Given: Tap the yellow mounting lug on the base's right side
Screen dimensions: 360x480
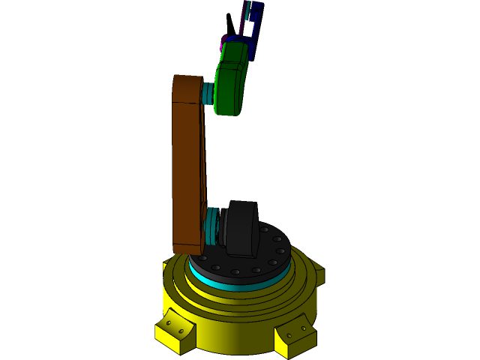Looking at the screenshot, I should (x=319, y=274).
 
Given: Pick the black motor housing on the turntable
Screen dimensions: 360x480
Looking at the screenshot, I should (x=242, y=228).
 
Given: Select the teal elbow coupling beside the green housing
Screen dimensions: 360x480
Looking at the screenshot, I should (x=208, y=93).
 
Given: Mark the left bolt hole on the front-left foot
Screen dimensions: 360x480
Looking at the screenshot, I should (x=169, y=323).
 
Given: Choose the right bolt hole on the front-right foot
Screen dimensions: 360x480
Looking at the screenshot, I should (x=304, y=328).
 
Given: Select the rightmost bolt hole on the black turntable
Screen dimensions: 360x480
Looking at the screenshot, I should (x=282, y=251).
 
